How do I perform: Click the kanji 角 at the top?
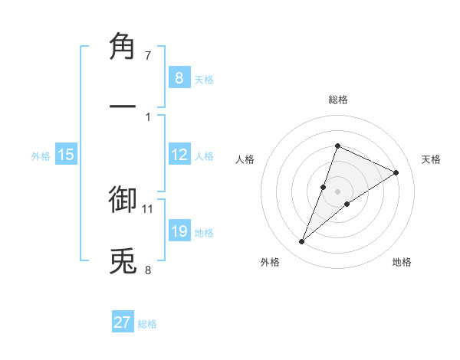(x=123, y=47)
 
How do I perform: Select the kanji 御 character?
(x=123, y=199)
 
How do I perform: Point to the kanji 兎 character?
(x=123, y=260)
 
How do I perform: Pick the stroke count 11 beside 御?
(x=148, y=208)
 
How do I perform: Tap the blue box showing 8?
(x=179, y=78)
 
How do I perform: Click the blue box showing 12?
(x=179, y=155)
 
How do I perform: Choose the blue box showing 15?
(x=66, y=155)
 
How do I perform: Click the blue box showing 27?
(x=123, y=322)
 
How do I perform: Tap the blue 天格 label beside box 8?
(x=204, y=79)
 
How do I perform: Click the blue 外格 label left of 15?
(x=41, y=156)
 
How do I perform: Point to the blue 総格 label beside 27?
(x=147, y=323)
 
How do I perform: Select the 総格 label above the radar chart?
(x=337, y=100)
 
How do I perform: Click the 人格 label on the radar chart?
(x=245, y=159)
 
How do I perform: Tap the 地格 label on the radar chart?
(x=402, y=262)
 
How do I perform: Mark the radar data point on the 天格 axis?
(x=396, y=173)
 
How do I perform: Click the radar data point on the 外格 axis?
(x=301, y=242)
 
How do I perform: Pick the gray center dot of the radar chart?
(x=337, y=191)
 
